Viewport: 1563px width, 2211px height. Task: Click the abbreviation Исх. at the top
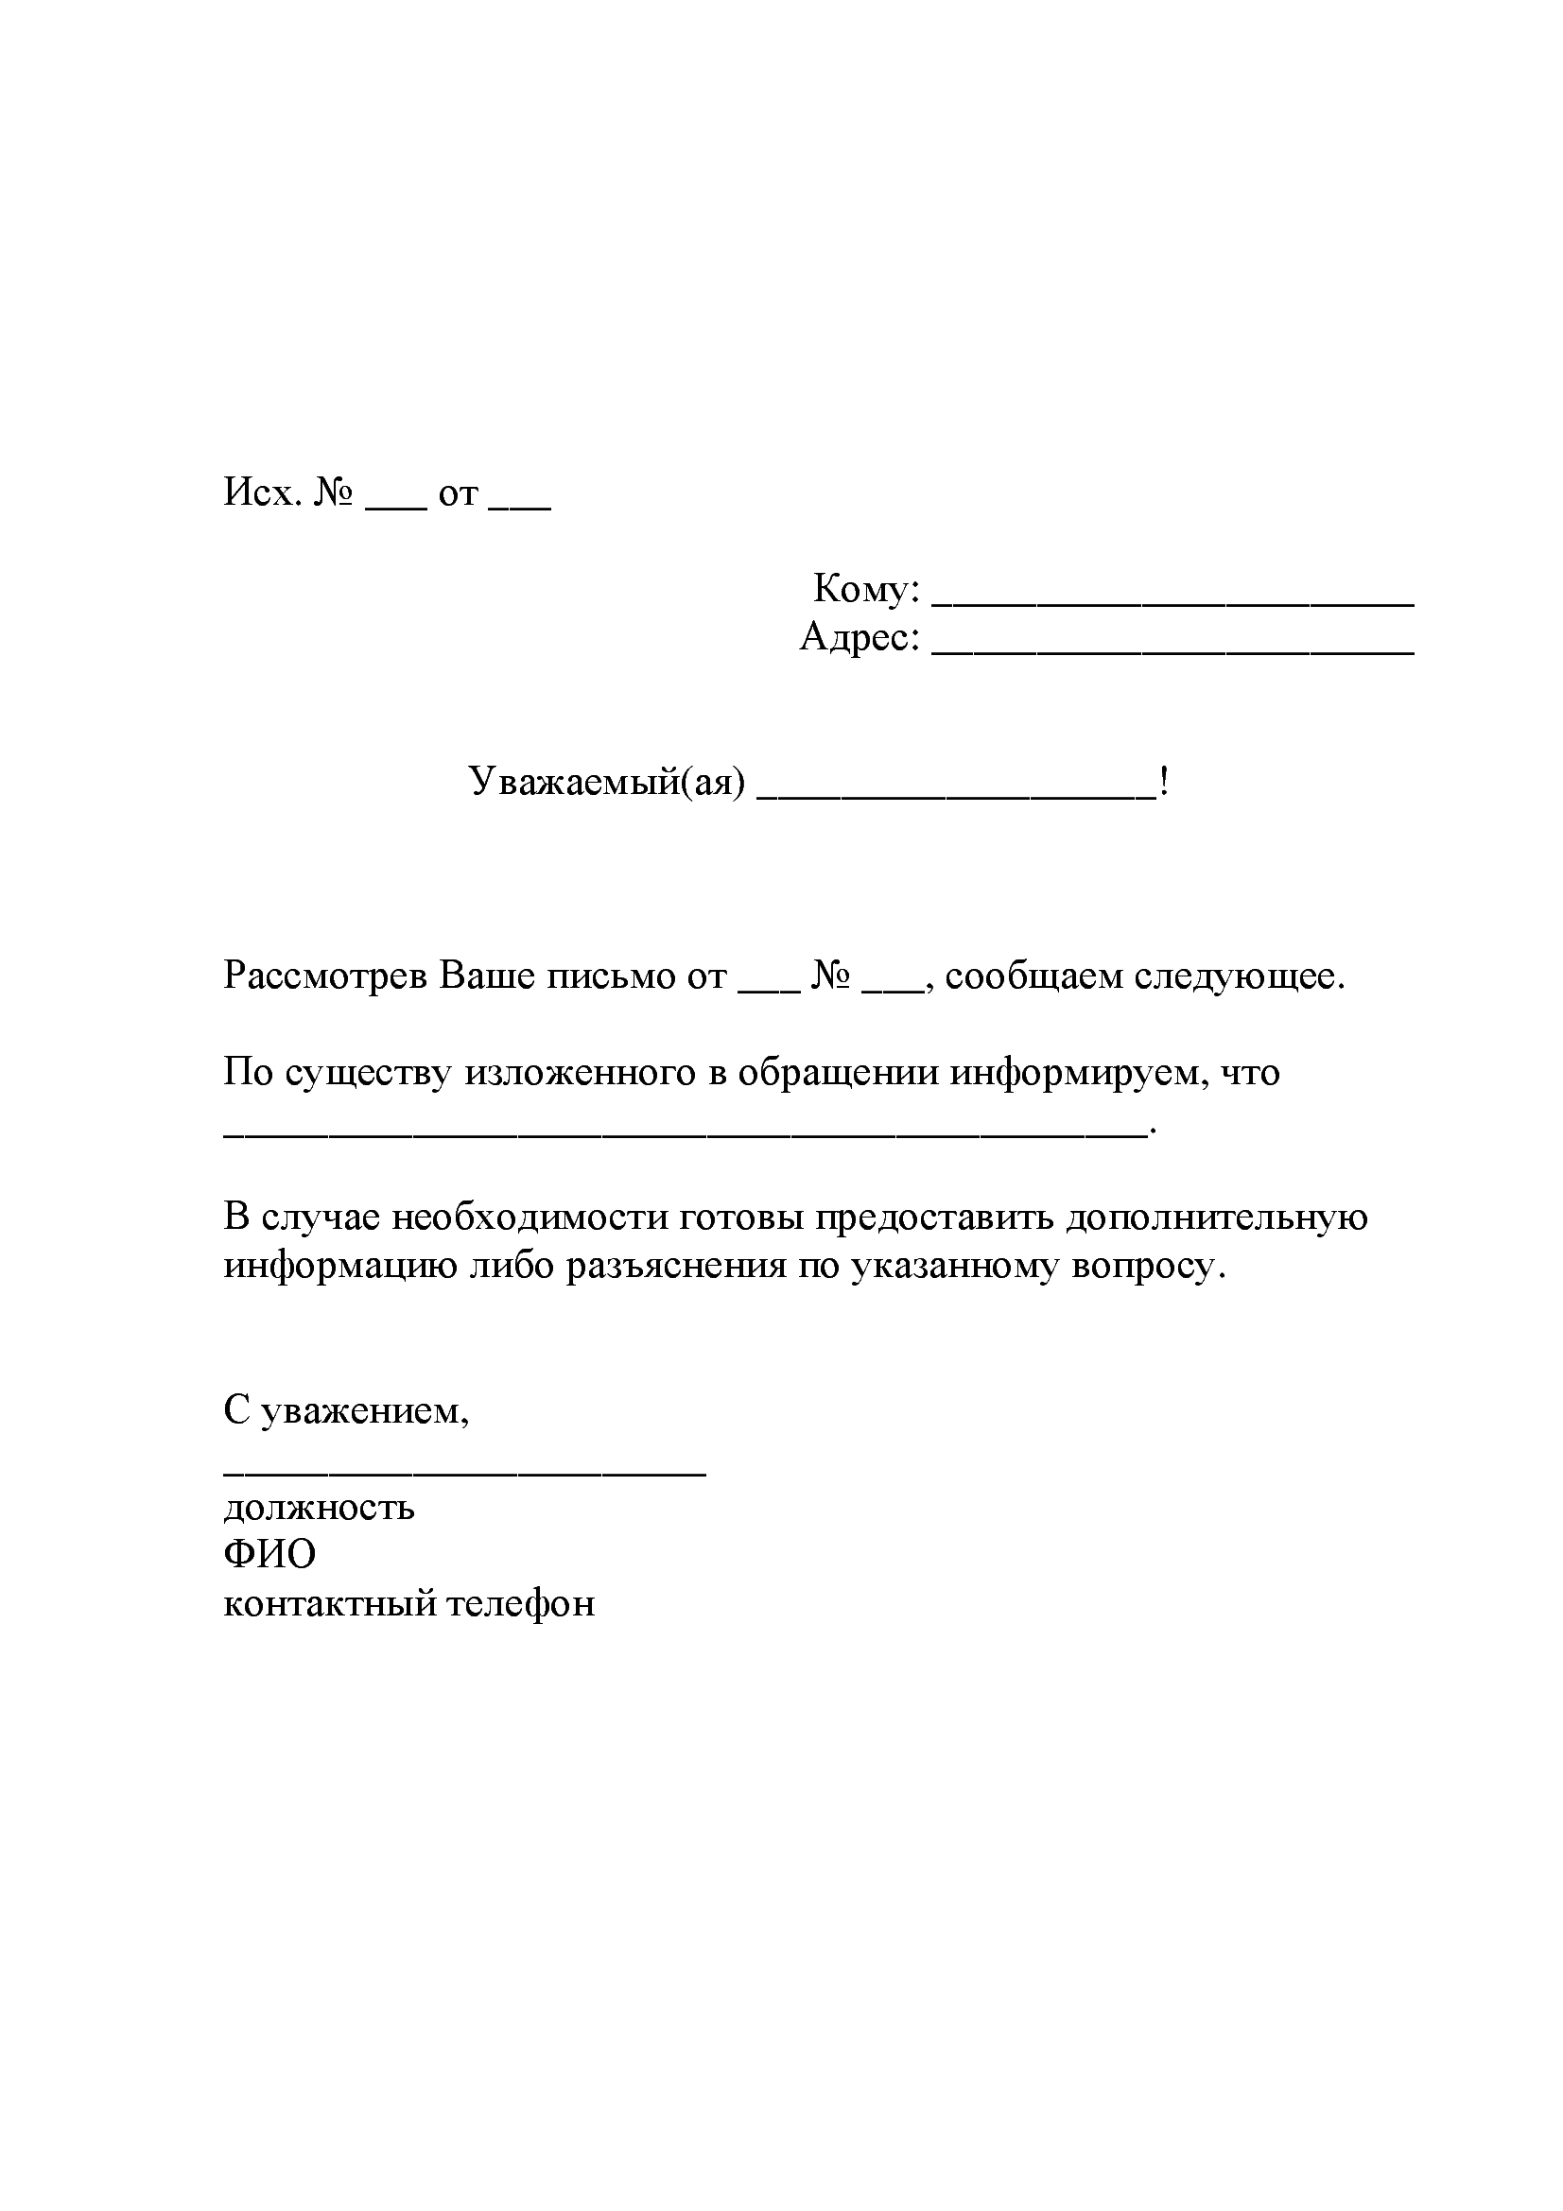pos(262,493)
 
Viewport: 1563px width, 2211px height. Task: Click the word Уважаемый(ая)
pos(607,782)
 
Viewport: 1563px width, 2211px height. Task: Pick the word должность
pos(319,1508)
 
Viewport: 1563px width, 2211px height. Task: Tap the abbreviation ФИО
pos(269,1553)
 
